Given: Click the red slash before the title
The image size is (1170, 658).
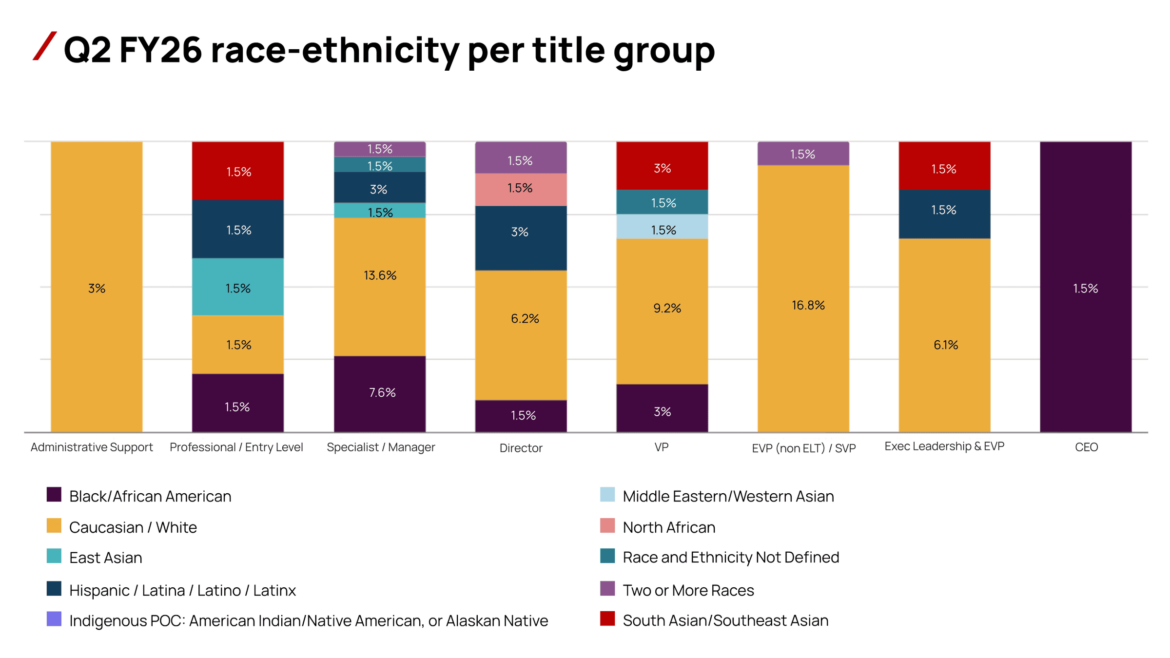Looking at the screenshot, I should (45, 46).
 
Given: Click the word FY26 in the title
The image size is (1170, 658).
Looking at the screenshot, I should (160, 50).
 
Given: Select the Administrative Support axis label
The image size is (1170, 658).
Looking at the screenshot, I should (92, 447).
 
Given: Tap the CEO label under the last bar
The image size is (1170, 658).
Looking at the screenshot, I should (1086, 447).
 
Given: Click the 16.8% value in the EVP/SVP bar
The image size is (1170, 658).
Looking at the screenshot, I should (808, 306).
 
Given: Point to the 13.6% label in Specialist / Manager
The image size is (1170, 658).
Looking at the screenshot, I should (380, 275).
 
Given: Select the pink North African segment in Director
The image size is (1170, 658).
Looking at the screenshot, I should (521, 189).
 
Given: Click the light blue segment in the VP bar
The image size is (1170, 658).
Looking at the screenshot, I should (662, 227).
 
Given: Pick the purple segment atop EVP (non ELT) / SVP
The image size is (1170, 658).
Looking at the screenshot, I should (803, 154).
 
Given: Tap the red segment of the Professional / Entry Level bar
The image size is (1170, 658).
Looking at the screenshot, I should (238, 171).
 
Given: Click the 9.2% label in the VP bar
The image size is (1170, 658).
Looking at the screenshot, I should (667, 308).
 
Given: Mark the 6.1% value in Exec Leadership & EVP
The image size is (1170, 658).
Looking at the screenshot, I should (945, 345).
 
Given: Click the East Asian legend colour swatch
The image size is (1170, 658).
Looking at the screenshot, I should (54, 556).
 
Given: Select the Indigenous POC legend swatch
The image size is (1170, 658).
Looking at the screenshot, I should (54, 619).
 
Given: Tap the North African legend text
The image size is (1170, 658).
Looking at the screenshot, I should (669, 527).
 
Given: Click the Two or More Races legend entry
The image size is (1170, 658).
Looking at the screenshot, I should (688, 590).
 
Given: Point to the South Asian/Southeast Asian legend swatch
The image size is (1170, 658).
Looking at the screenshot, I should (607, 619).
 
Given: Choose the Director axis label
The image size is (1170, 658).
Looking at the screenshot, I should (521, 448).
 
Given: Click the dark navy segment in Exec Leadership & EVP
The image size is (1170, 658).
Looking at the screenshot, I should (944, 213).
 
